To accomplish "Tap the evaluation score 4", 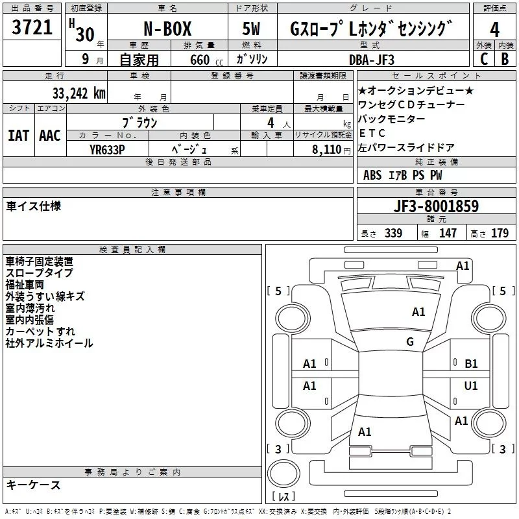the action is (495, 30).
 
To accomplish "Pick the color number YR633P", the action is (107, 149).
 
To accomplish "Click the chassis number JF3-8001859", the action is (437, 206).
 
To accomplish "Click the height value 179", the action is (500, 233).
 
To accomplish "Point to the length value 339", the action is (393, 233).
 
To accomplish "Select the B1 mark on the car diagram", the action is (471, 364).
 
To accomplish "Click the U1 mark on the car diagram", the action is (471, 386).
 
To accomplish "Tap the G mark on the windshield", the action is (409, 342).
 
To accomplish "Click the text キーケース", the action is (33, 485).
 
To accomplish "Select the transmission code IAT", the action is (18, 136).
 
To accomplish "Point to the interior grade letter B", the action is (505, 59).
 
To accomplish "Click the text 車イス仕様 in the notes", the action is (33, 206).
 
